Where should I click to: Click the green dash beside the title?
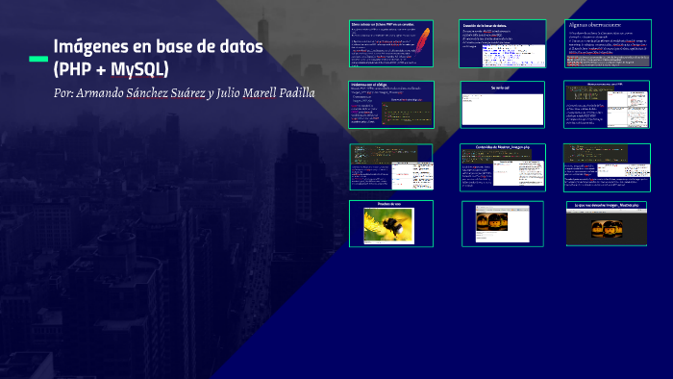[x=38, y=59]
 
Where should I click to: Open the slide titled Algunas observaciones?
[x=607, y=43]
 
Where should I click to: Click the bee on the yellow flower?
[x=394, y=227]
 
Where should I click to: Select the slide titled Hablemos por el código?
[x=390, y=104]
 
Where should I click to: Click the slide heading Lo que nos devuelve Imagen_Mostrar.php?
[x=607, y=206]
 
